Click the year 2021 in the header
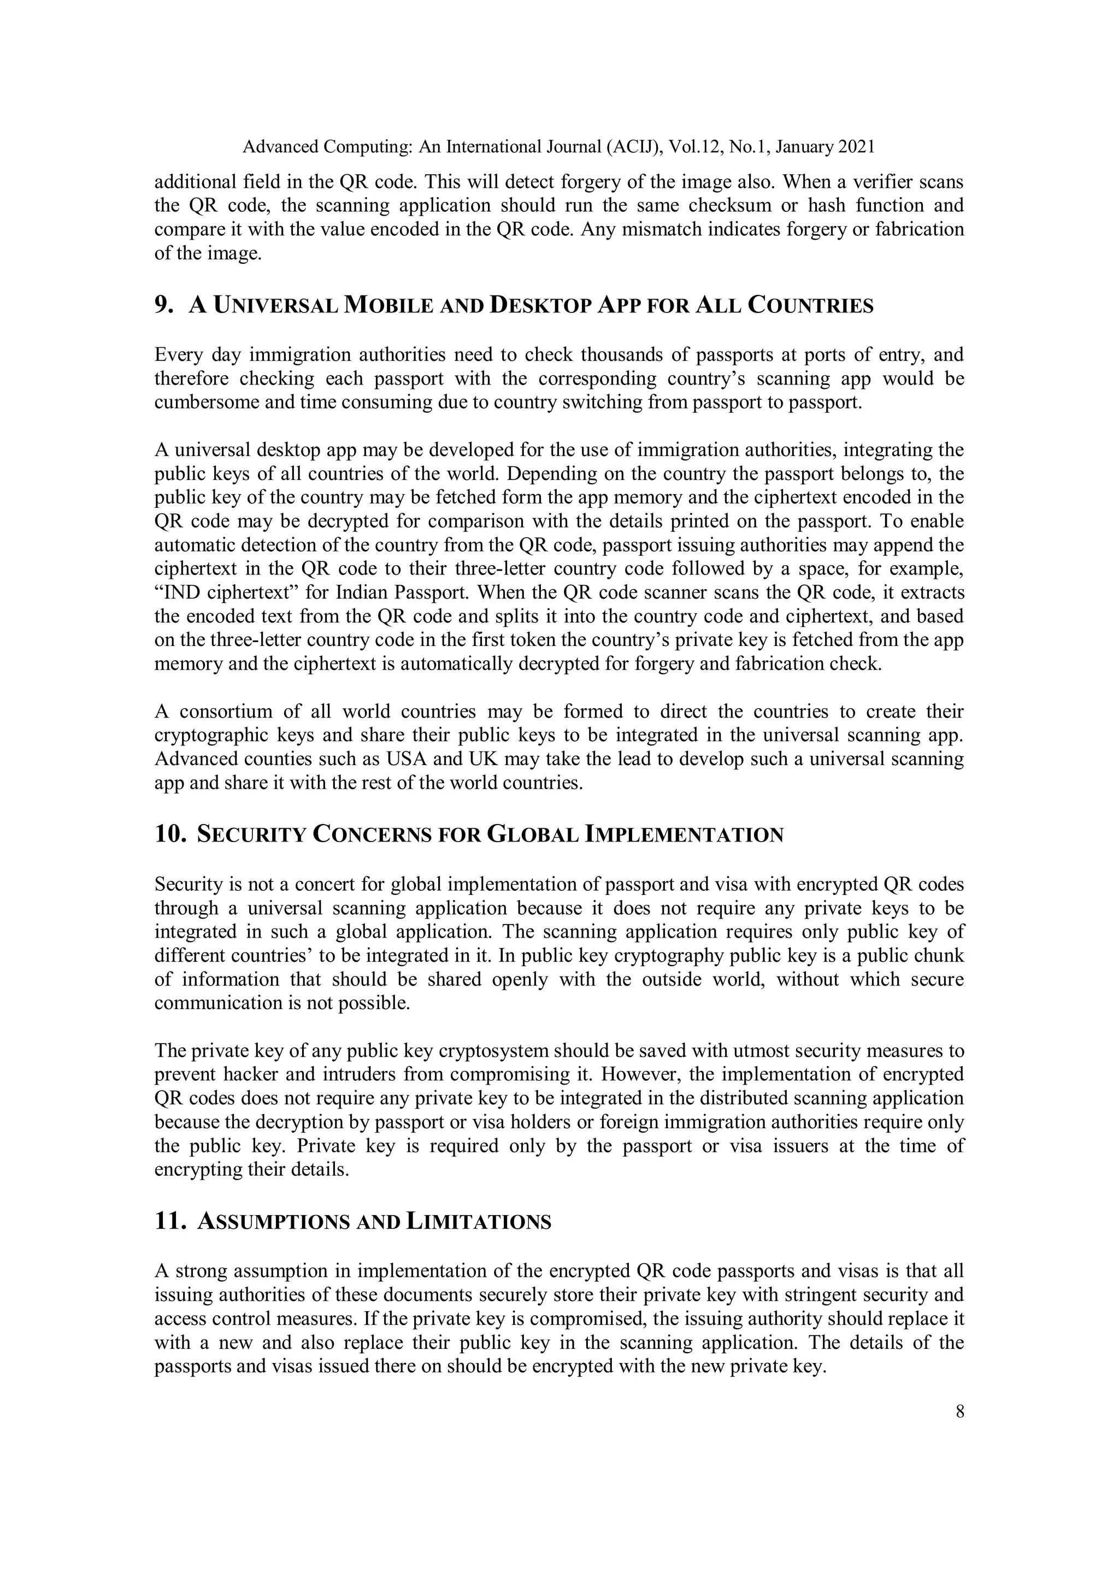coord(856,147)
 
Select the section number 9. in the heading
coord(164,305)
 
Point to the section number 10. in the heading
coord(170,834)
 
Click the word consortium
coord(224,711)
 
